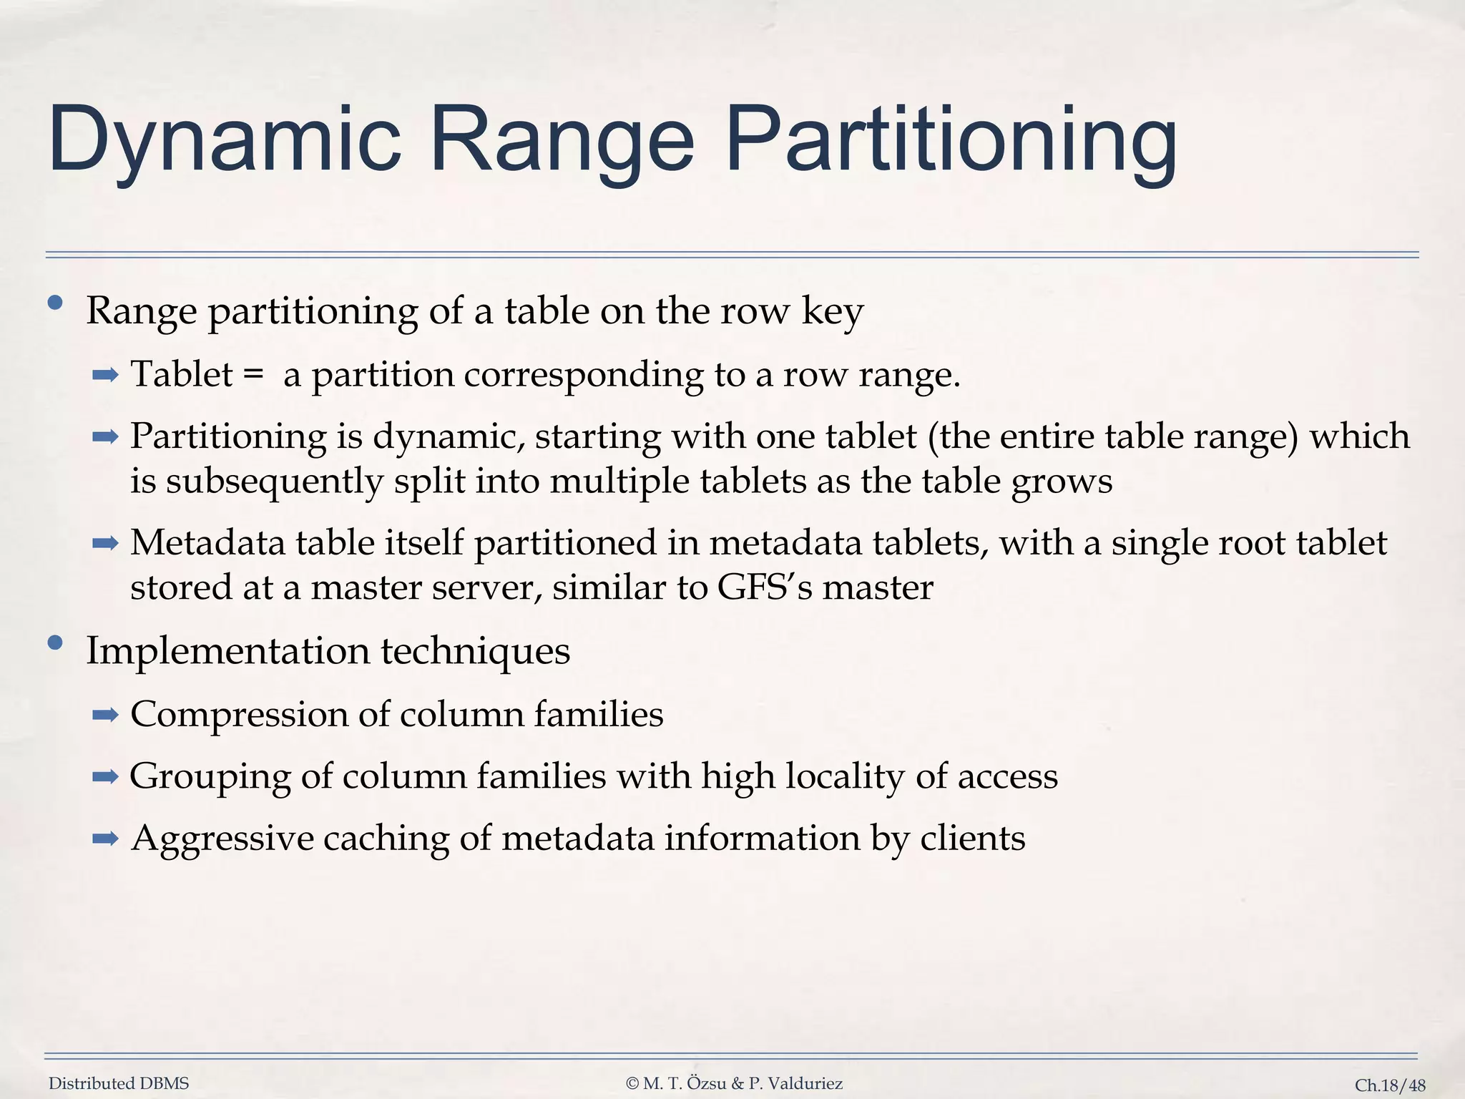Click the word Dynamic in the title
[224, 140]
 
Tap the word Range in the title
[562, 140]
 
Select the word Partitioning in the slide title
[951, 140]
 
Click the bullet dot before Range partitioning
[55, 303]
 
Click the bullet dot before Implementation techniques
[55, 643]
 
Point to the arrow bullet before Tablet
[104, 374]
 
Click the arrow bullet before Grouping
[104, 776]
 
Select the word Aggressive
[222, 838]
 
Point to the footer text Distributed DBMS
[119, 1083]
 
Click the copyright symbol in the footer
[632, 1083]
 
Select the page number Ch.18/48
[1390, 1085]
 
